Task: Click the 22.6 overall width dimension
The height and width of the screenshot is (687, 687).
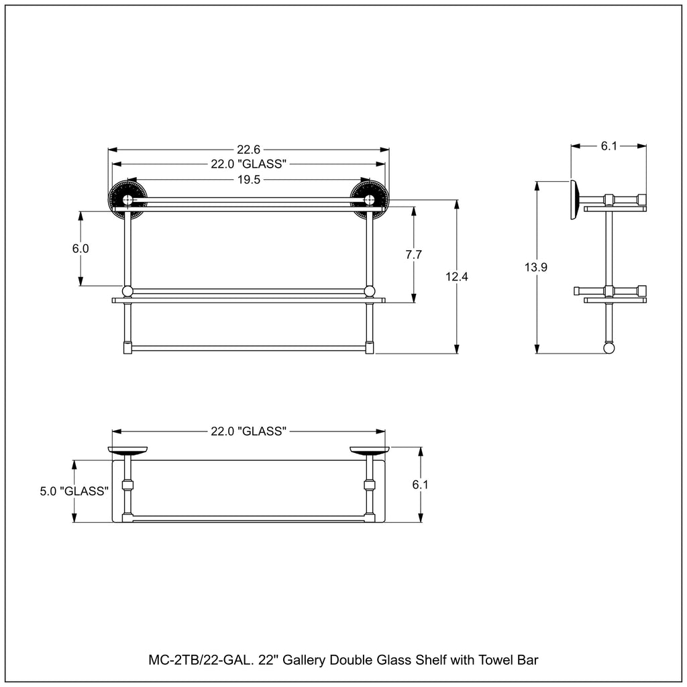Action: click(248, 150)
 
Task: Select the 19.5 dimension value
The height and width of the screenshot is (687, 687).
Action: click(248, 180)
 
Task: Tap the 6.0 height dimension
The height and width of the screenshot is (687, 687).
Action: click(81, 248)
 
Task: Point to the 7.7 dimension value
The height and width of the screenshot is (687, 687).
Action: click(413, 254)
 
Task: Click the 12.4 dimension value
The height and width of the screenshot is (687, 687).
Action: click(457, 276)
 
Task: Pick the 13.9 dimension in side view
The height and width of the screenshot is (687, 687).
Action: click(536, 267)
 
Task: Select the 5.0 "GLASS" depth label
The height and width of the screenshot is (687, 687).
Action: click(74, 491)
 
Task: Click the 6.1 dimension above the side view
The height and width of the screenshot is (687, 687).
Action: click(609, 146)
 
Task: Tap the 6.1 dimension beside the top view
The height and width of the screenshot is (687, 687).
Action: click(420, 484)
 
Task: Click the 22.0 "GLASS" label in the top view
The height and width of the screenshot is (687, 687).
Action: click(248, 431)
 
